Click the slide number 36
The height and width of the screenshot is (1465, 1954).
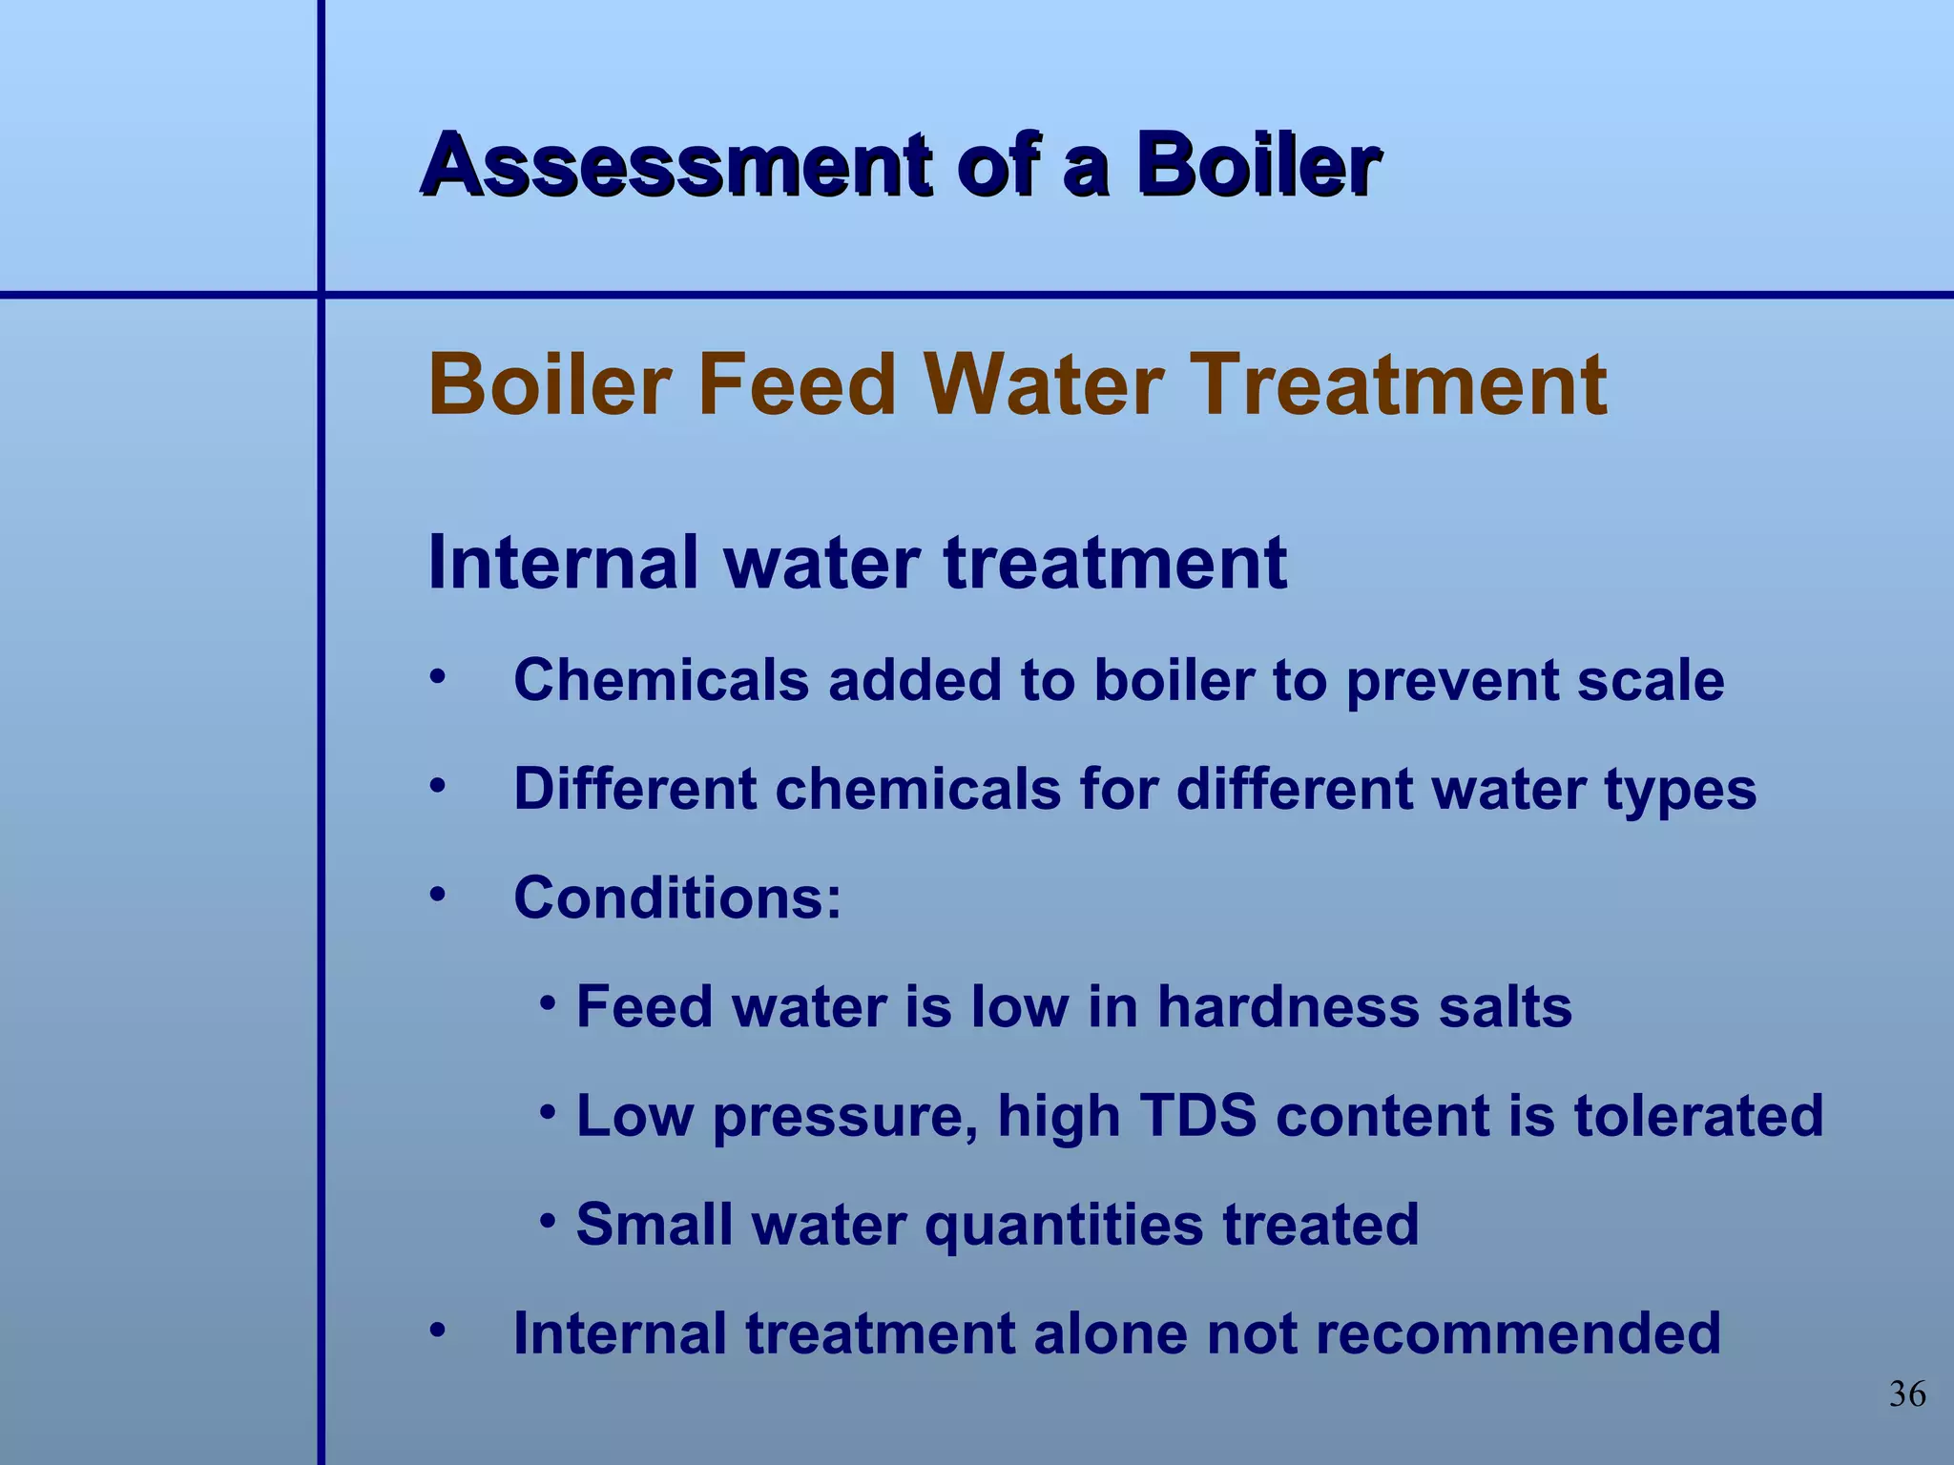pyautogui.click(x=1906, y=1394)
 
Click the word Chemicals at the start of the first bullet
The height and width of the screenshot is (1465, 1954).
pyautogui.click(x=661, y=681)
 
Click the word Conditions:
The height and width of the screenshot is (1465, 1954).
pyautogui.click(x=677, y=898)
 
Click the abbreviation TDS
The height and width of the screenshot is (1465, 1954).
pyautogui.click(x=1198, y=1116)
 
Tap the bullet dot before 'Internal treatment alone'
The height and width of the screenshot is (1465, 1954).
pyautogui.click(x=437, y=1329)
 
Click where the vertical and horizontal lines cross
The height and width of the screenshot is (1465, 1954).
pyautogui.click(x=321, y=295)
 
